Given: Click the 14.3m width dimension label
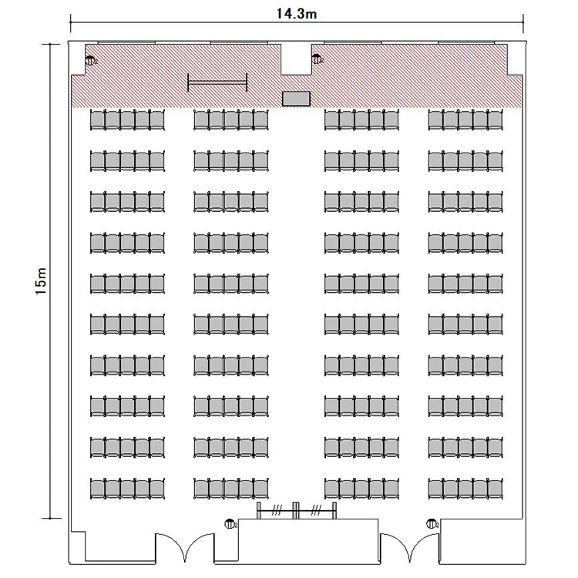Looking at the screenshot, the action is pyautogui.click(x=297, y=14).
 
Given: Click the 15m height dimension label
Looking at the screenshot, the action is pyautogui.click(x=41, y=281).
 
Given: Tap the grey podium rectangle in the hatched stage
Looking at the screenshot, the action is pyautogui.click(x=296, y=99).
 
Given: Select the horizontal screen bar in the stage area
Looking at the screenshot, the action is pyautogui.click(x=217, y=82).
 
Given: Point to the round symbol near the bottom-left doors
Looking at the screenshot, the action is pyautogui.click(x=230, y=523).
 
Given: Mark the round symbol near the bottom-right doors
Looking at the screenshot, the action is pyautogui.click(x=432, y=523).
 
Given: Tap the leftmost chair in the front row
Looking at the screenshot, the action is pyautogui.click(x=97, y=119).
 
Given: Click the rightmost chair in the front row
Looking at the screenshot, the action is pyautogui.click(x=495, y=119).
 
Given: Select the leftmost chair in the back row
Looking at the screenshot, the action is pyautogui.click(x=97, y=489).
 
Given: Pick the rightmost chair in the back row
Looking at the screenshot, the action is pyautogui.click(x=495, y=489).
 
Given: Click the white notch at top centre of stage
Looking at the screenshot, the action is pyautogui.click(x=296, y=59).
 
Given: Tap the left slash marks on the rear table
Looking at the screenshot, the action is pyautogui.click(x=277, y=510).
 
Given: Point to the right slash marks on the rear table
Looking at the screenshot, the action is pyautogui.click(x=316, y=510).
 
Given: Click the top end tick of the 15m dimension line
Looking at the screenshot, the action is pyautogui.click(x=50, y=44).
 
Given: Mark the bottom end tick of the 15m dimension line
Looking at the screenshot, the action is pyautogui.click(x=50, y=519).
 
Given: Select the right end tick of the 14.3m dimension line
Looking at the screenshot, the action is pyautogui.click(x=523, y=22).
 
